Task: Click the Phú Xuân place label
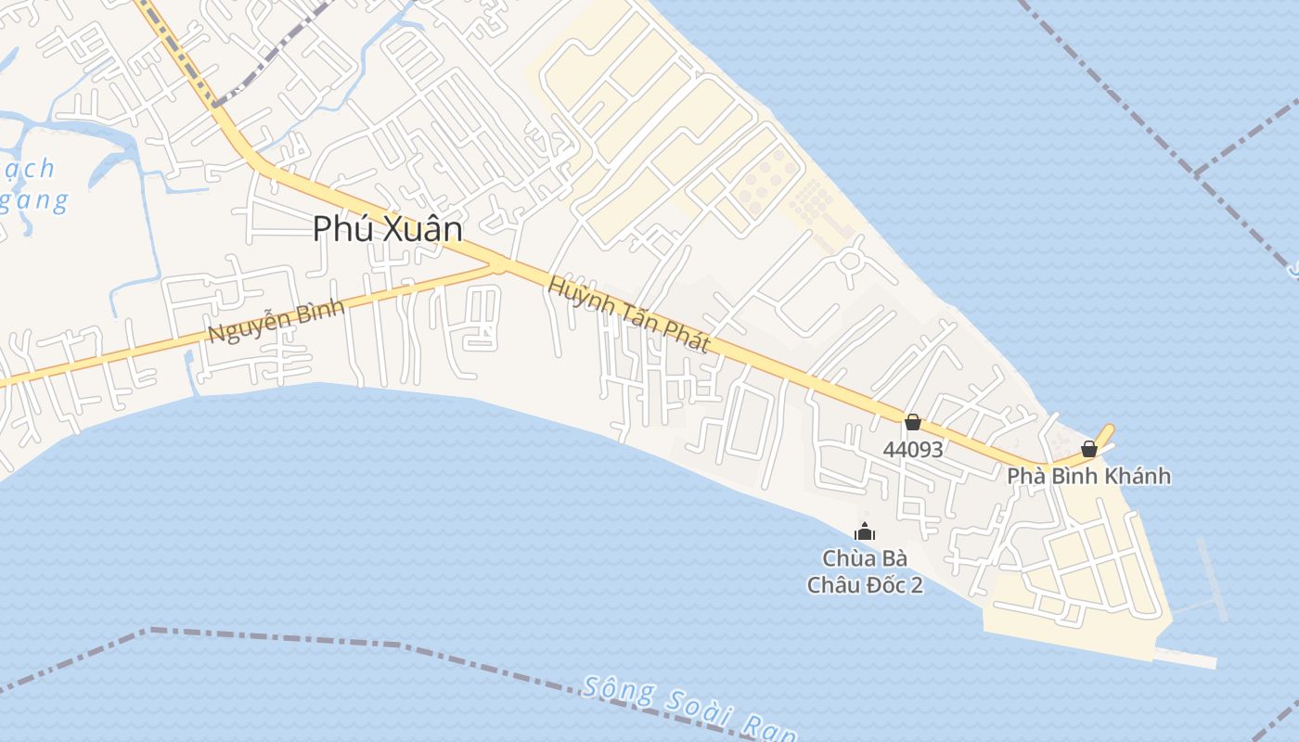[x=387, y=228]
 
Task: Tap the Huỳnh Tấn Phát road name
[x=628, y=314]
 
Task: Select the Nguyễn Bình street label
[x=276, y=320]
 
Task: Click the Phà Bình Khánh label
[x=1088, y=477]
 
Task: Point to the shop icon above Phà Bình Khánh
[x=1089, y=450]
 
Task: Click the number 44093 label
[x=913, y=450]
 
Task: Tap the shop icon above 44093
[x=913, y=423]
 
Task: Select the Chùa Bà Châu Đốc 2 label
[x=865, y=571]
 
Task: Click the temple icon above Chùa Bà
[x=865, y=532]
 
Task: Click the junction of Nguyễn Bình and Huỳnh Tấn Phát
[x=501, y=265]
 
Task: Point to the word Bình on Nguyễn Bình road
[x=316, y=311]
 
